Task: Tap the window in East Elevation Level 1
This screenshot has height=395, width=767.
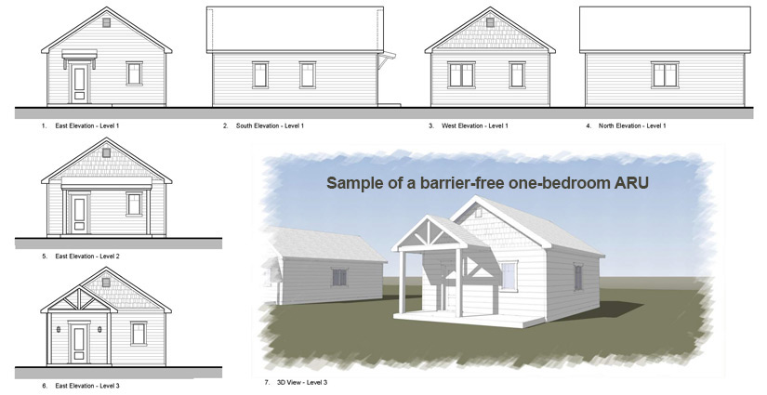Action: tap(135, 73)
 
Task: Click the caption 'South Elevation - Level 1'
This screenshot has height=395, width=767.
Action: tap(270, 125)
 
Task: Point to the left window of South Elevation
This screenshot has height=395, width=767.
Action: tap(259, 73)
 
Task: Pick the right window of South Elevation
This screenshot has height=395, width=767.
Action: tap(308, 73)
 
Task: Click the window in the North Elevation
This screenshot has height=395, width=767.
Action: tap(664, 74)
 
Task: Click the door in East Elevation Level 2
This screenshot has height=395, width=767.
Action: tap(79, 212)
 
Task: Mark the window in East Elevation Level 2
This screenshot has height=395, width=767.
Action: tap(138, 204)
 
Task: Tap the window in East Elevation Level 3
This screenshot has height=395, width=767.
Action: tap(139, 334)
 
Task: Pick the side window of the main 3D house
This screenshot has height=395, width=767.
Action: tap(578, 277)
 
